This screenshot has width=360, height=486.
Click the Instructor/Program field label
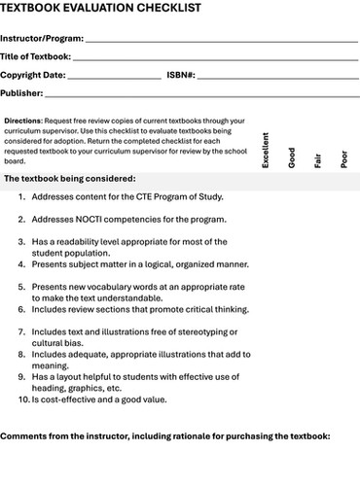point(42,38)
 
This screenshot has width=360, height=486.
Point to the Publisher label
point(22,93)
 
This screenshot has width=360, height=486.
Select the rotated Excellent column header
point(266,152)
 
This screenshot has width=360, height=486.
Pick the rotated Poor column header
point(343,159)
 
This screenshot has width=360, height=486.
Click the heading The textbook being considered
point(70,180)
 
